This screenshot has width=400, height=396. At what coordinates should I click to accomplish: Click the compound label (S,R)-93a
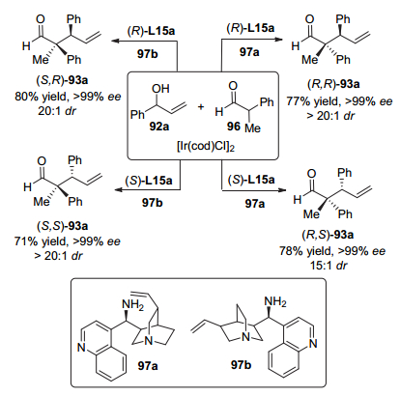click(x=63, y=80)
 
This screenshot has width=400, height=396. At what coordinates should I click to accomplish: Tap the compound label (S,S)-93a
click(x=63, y=226)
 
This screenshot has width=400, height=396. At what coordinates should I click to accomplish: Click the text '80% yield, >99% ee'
click(x=68, y=97)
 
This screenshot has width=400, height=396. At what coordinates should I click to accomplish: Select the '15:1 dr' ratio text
click(x=329, y=266)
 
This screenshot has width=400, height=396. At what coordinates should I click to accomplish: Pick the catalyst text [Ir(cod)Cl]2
click(x=206, y=147)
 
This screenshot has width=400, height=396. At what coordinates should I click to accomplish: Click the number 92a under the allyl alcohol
click(x=159, y=127)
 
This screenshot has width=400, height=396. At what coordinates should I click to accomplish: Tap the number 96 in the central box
click(x=234, y=127)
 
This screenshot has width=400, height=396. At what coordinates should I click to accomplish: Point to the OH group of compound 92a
click(x=160, y=89)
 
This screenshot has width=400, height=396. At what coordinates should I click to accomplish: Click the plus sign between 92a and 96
click(x=201, y=107)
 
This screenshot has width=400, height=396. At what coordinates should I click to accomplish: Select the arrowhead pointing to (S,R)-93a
click(x=114, y=41)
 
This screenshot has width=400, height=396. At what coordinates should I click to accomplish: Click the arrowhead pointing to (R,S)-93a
click(x=282, y=189)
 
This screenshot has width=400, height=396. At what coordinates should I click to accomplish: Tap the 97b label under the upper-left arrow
click(x=148, y=54)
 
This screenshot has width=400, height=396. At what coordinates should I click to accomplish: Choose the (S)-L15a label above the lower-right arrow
click(x=251, y=180)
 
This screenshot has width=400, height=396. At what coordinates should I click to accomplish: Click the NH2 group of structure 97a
click(x=132, y=304)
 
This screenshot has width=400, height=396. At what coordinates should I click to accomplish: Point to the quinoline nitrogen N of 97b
click(x=313, y=344)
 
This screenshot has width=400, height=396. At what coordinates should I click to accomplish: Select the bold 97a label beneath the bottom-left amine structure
click(x=148, y=366)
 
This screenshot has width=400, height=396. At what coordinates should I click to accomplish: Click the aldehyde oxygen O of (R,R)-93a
click(x=309, y=19)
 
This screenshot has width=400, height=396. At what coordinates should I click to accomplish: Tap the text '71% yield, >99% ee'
click(x=67, y=241)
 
